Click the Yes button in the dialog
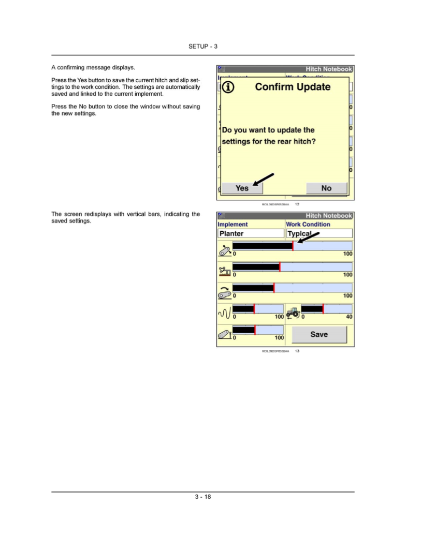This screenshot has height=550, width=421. pos(242,188)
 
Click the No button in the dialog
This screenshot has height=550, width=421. pos(326,188)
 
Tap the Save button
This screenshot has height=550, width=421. pos(319,335)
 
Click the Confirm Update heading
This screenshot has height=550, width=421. pos(293,87)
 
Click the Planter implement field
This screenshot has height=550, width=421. pos(251,234)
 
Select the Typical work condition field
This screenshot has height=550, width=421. pos(319,234)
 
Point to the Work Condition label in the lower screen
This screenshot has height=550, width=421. pos(308,225)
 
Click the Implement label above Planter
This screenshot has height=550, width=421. pos(233,225)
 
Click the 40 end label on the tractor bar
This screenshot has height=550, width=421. pos(349,317)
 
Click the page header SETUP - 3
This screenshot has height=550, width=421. pos(203,47)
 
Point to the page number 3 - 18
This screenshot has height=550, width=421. pos(203,497)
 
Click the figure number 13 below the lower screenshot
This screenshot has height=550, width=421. pos(297,351)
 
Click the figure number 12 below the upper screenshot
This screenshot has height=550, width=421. pos(297,204)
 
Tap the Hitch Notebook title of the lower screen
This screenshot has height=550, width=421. pos(329,216)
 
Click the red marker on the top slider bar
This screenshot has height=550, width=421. pos(293,246)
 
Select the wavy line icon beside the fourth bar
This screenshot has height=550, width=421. pos(224,311)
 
